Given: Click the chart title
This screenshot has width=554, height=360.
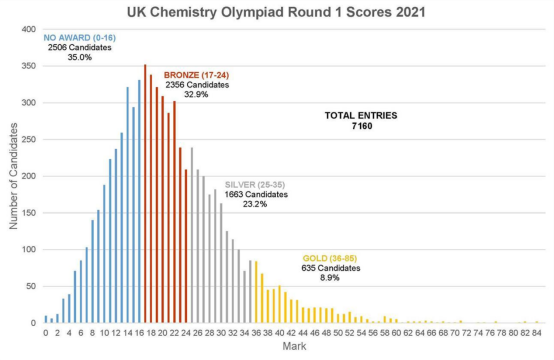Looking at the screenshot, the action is tap(276, 12).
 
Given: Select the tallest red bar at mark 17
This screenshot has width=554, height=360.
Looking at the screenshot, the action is tap(145, 194).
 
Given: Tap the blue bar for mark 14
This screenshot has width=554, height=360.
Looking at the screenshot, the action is tap(128, 205).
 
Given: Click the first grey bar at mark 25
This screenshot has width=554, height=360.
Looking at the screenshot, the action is tap(192, 235).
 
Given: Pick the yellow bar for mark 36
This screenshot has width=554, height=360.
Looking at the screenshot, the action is tap(256, 292).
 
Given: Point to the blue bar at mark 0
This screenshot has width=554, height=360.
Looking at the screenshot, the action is tap(46, 319).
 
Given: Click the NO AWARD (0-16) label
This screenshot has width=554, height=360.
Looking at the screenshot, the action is tap(79, 38).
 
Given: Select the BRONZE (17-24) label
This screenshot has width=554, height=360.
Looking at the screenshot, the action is tap(196, 75).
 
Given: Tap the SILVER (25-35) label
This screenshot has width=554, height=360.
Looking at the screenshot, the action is tap(255, 185).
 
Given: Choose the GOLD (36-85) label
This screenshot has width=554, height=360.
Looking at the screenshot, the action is tap(330, 258).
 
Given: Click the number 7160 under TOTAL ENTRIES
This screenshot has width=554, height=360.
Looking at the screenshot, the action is tap(362, 126).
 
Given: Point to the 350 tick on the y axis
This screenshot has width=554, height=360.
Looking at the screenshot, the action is tap(29, 66).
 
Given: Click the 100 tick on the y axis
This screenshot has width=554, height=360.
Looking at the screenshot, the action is tap(29, 249).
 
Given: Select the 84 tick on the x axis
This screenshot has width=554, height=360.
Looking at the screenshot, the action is tap(537, 333).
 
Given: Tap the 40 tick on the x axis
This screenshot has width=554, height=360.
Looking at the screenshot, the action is tap(279, 333).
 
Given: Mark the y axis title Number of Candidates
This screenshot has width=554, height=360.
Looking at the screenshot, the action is tap(13, 176).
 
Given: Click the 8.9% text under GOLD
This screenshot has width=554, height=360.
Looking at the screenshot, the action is tap(330, 278).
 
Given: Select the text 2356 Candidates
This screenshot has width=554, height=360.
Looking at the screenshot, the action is tap(197, 85).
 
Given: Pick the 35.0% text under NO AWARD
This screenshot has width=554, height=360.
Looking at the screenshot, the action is tap(79, 57).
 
